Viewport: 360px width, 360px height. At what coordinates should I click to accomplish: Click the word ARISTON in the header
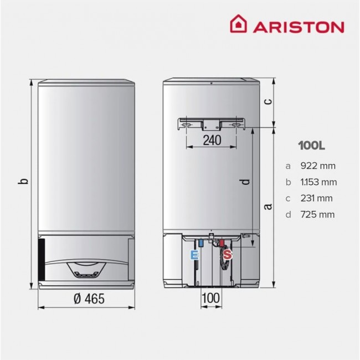pyautogui.click(x=298, y=27)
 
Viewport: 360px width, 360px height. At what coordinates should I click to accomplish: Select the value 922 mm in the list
pyautogui.click(x=317, y=166)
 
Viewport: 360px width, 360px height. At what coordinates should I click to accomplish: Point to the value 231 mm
pyautogui.click(x=317, y=198)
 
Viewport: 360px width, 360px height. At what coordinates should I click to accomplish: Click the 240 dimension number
pyautogui.click(x=211, y=140)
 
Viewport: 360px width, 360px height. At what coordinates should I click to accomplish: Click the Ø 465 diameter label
pyautogui.click(x=89, y=299)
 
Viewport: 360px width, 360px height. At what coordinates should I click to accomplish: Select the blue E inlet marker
pyautogui.click(x=193, y=255)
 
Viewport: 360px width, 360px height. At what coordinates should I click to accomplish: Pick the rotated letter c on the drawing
pyautogui.click(x=267, y=101)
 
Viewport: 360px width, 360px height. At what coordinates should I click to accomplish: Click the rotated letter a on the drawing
pyautogui.click(x=267, y=206)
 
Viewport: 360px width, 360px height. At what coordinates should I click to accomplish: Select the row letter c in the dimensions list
pyautogui.click(x=287, y=198)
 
